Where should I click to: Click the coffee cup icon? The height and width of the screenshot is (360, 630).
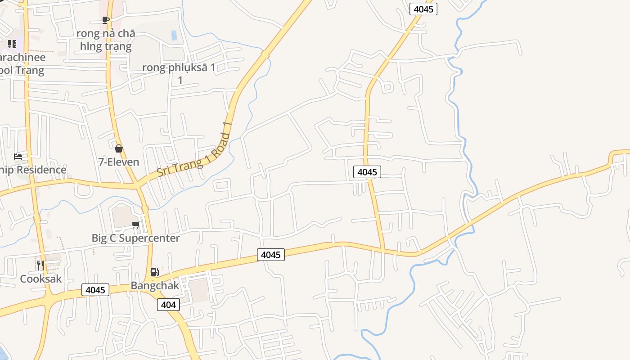tap(106, 20)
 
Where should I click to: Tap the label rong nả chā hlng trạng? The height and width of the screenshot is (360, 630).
tap(106, 40)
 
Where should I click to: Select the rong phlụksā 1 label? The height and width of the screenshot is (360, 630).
tap(179, 68)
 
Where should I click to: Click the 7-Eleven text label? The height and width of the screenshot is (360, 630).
tap(119, 162)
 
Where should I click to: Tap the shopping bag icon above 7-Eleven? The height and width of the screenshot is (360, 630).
tap(119, 148)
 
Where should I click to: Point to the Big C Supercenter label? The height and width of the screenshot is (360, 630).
tap(135, 238)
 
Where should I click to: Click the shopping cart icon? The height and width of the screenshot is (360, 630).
tap(135, 225)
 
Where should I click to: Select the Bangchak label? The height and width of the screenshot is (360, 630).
tap(155, 286)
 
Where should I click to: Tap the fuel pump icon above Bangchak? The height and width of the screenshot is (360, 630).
tap(154, 272)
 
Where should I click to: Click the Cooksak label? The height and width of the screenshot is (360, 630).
tap(41, 279)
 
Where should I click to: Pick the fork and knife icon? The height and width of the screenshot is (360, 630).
tap(40, 265)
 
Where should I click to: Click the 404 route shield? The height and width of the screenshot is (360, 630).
tap(168, 305)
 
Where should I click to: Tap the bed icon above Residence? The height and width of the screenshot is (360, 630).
tap(18, 157)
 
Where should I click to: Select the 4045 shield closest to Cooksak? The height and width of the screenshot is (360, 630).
tap(96, 290)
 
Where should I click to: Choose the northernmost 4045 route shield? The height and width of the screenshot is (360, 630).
tap(423, 9)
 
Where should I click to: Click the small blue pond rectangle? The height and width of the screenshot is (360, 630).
tap(174, 35)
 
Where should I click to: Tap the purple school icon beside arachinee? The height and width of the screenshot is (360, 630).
tap(12, 44)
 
